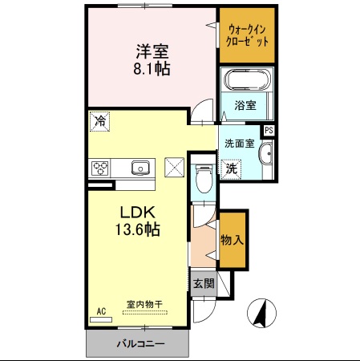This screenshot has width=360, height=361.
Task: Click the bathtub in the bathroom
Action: (x=248, y=80)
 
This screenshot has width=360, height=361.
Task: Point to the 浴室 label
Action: (x=245, y=105)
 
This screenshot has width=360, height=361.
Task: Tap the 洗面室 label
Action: (x=239, y=144)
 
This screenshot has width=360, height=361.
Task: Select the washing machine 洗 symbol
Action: (x=231, y=169)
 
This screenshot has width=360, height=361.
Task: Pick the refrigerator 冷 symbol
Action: (x=99, y=122)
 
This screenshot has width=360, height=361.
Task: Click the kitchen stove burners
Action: (x=101, y=168)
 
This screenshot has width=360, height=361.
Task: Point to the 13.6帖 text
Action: (x=140, y=230)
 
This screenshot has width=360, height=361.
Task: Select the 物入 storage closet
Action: (x=233, y=240)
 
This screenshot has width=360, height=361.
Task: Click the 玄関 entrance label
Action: (x=204, y=283)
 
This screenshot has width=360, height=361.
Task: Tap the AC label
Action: (x=102, y=309)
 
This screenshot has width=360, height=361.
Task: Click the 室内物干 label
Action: (x=145, y=305)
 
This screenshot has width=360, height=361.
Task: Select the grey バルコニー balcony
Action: (x=138, y=343)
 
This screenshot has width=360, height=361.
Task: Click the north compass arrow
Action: (x=261, y=313)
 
